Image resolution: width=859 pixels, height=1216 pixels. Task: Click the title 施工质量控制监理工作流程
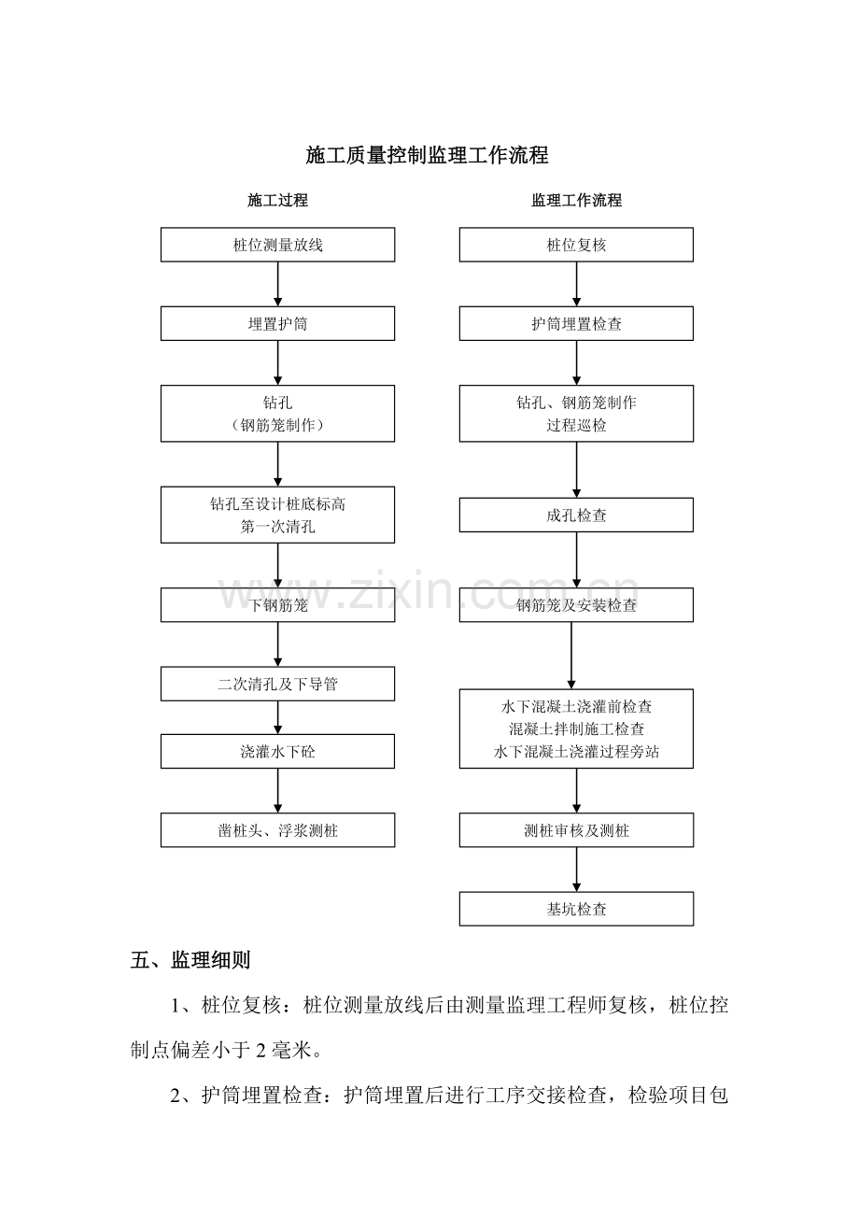(x=427, y=155)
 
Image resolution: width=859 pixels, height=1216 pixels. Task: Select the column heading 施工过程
(x=277, y=200)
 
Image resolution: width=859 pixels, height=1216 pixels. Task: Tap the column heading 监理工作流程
(x=576, y=200)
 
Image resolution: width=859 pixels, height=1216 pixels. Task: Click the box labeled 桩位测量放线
(x=277, y=245)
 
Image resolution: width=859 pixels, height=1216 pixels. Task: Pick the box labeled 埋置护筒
(x=277, y=323)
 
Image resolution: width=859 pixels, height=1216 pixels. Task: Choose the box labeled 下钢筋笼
(x=277, y=605)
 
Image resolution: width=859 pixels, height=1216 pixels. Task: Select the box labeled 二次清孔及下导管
(x=277, y=684)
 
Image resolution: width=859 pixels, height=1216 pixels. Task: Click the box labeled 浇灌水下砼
(x=277, y=751)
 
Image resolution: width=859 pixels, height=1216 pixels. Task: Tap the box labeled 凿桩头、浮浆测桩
(x=277, y=830)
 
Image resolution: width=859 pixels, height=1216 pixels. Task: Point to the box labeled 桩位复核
(x=576, y=245)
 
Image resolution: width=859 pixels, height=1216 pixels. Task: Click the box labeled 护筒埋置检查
(x=576, y=323)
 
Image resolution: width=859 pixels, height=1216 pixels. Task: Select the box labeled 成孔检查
(x=576, y=515)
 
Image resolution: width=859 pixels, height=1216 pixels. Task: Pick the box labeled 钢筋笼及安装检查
(x=576, y=605)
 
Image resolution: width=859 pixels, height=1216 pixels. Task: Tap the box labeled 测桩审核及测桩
(x=576, y=830)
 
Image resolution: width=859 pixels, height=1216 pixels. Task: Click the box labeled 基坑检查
(x=576, y=909)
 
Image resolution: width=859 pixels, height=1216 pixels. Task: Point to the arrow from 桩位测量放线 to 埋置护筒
(x=278, y=284)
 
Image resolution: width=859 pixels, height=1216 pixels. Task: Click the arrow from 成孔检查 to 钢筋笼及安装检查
(x=576, y=559)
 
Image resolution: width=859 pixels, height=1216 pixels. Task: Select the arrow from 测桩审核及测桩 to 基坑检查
(x=576, y=870)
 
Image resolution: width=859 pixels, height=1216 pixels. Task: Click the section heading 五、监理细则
(x=190, y=960)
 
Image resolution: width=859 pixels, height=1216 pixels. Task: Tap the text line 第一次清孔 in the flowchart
(x=277, y=526)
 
